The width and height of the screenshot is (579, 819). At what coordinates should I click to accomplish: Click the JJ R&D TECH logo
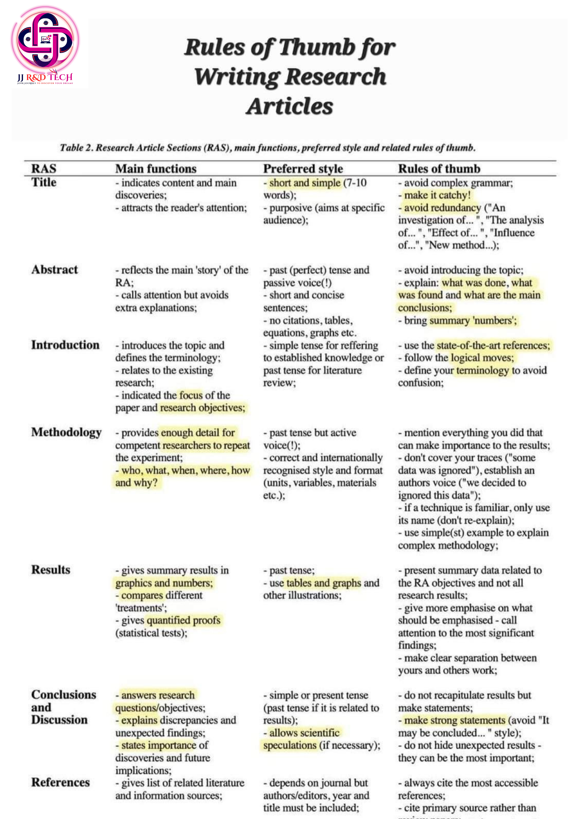tap(45, 45)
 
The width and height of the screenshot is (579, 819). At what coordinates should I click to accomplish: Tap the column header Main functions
tap(156, 169)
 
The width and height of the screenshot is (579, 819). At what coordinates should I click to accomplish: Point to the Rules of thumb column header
tap(439, 169)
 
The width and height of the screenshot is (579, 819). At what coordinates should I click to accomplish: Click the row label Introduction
tap(65, 345)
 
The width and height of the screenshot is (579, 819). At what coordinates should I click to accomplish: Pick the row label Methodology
tap(66, 432)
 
